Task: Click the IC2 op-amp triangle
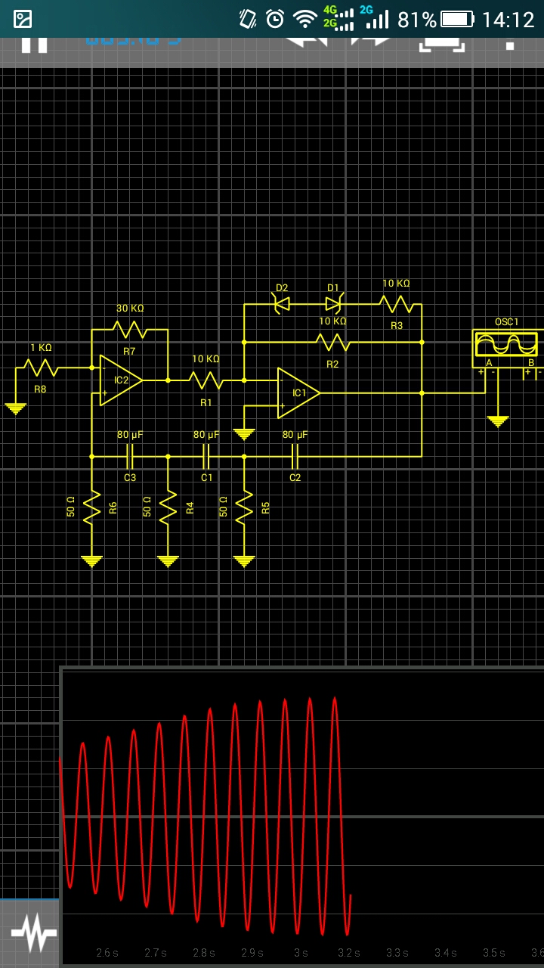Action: (x=119, y=380)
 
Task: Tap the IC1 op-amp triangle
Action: (x=298, y=392)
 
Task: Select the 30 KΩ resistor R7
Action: (x=130, y=330)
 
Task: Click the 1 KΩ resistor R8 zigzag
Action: (x=41, y=368)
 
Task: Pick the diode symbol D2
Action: (x=281, y=304)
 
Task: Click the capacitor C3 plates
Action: (x=129, y=456)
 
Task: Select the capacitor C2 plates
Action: (x=295, y=456)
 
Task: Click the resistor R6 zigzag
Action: (x=91, y=507)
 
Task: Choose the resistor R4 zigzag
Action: (x=168, y=507)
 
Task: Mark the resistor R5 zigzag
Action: (x=244, y=507)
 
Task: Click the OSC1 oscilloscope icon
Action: (x=506, y=345)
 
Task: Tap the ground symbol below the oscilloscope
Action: (x=497, y=420)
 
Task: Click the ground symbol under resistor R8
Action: (x=15, y=408)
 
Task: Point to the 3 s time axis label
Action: (x=301, y=953)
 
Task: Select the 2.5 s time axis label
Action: (x=107, y=953)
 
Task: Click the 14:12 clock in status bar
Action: (x=508, y=20)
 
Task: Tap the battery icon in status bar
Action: (x=457, y=20)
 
